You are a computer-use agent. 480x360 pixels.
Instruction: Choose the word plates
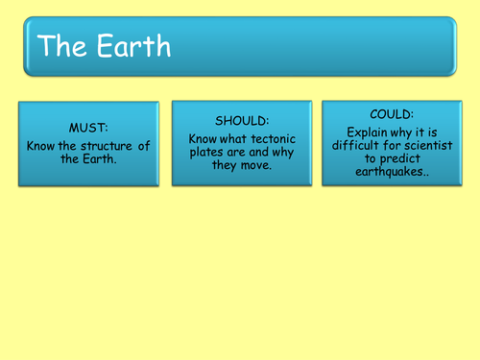click(x=200, y=152)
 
